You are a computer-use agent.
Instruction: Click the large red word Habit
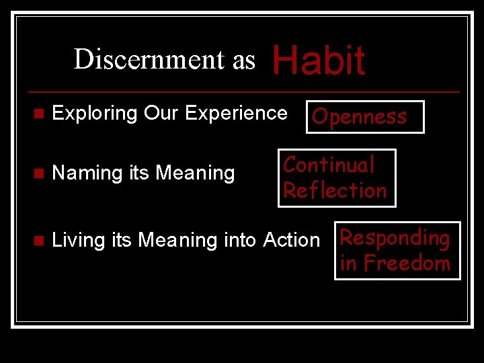click(318, 61)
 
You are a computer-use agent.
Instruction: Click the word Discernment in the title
click(150, 59)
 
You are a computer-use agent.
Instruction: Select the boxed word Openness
click(360, 117)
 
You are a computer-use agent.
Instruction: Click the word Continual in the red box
click(329, 165)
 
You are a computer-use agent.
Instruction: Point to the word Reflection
click(335, 190)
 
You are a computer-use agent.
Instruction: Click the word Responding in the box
click(395, 238)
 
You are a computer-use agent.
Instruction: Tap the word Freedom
click(407, 263)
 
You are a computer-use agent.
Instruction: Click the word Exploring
click(95, 114)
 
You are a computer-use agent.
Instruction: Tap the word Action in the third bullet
click(292, 240)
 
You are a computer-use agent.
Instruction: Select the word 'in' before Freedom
click(348, 263)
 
